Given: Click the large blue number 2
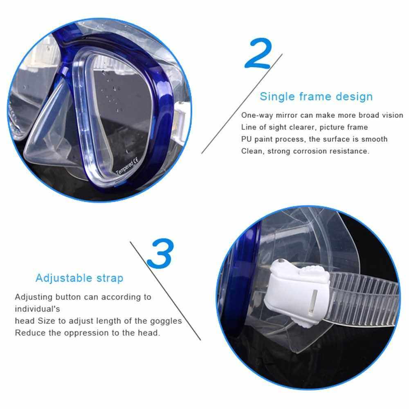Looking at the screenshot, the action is [258, 54].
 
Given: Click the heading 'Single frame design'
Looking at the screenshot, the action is [316, 97].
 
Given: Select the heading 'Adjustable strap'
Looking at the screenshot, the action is [79, 278].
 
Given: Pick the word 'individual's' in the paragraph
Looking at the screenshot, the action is [37, 309].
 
